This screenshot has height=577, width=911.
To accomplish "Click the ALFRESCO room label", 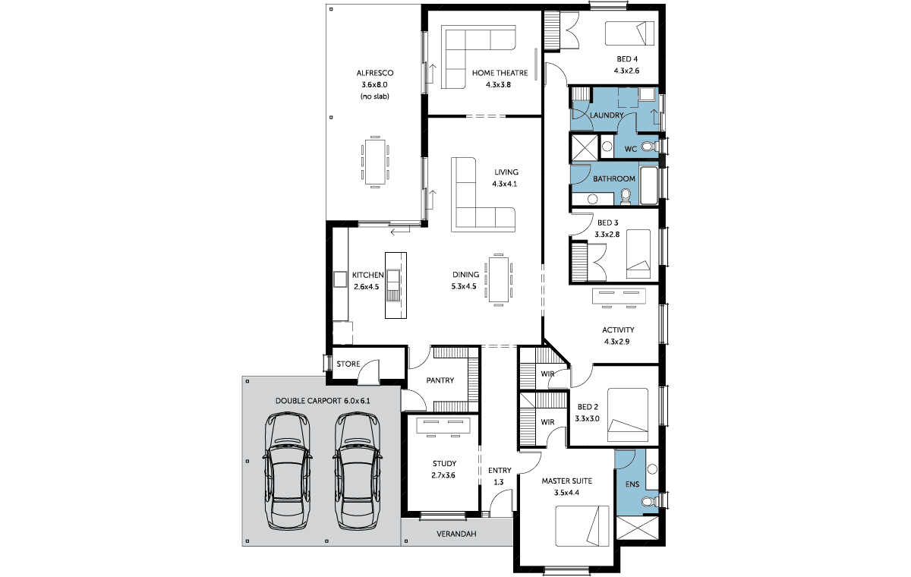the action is coord(374,73).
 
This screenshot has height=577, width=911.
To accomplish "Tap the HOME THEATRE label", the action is coord(500,73).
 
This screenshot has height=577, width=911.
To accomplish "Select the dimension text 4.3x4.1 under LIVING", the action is coord(504,184).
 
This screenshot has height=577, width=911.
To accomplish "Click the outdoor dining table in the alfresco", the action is coord(375,162).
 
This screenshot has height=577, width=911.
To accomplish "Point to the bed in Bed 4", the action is coord(629,33).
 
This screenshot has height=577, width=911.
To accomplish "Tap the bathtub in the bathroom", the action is coord(648,185).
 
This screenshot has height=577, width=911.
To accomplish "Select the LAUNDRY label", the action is coord(607,115).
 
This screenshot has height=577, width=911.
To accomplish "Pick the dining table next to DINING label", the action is coord(498,279).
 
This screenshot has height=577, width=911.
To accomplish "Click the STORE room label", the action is coord(348,364).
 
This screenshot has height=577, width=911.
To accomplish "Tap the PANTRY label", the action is coord(440,380).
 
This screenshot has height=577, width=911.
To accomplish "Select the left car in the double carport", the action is coord(287,471).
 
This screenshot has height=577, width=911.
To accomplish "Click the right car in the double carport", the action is coord(358,471).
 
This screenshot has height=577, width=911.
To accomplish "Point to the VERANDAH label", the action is coord(456,534).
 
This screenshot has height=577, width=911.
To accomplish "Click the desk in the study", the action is coord(443,425).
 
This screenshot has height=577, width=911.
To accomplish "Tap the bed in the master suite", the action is coord(582,526).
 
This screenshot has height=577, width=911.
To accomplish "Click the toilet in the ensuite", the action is coord(650,501).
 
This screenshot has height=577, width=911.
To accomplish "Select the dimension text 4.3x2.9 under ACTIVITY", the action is coord(616,342).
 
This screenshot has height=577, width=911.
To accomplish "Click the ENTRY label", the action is coord(500,471).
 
